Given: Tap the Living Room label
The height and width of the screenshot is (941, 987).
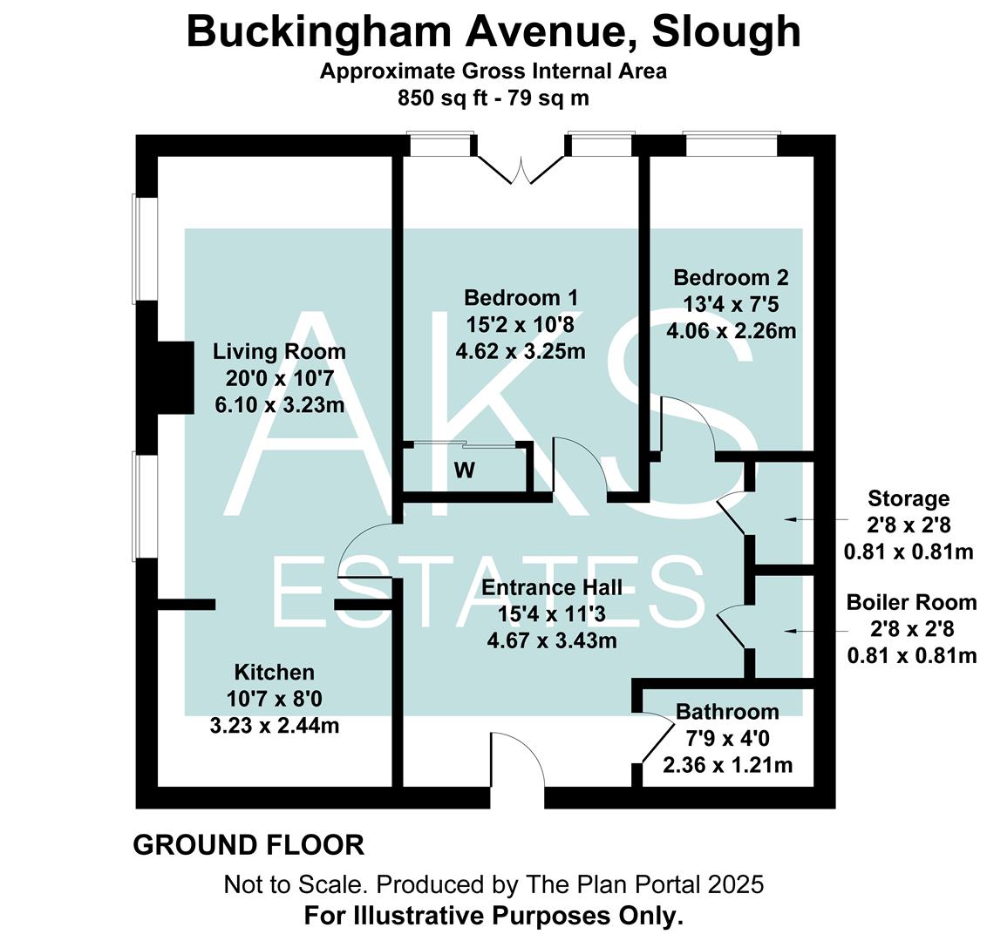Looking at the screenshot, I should tap(279, 352).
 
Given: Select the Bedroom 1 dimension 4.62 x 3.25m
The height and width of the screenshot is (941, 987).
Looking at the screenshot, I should tap(520, 351).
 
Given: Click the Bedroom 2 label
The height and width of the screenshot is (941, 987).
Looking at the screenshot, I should tap(731, 278).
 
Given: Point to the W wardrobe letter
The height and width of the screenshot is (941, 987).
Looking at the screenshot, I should tap(465, 470).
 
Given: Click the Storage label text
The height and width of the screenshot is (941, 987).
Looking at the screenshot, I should tap(908, 499).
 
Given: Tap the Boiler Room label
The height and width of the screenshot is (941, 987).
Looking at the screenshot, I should tap(911, 603).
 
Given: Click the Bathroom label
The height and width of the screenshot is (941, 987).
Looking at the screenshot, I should tap(727, 712).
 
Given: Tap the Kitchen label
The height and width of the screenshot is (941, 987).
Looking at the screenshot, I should tap(274, 672).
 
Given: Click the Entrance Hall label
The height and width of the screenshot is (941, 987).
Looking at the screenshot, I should tap(551, 587).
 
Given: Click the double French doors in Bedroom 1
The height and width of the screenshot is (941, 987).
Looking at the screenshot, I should tap(521, 169).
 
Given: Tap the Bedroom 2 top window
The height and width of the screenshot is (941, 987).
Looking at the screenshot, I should tap(730, 145).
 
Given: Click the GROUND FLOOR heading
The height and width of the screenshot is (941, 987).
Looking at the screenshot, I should tap(248, 845).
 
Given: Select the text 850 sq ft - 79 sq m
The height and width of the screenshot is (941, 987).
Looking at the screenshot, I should tap(493, 98).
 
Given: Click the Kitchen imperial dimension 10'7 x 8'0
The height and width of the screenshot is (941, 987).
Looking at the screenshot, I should tap(274, 698).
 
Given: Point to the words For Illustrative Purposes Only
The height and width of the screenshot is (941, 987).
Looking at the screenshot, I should tap(493, 916).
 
